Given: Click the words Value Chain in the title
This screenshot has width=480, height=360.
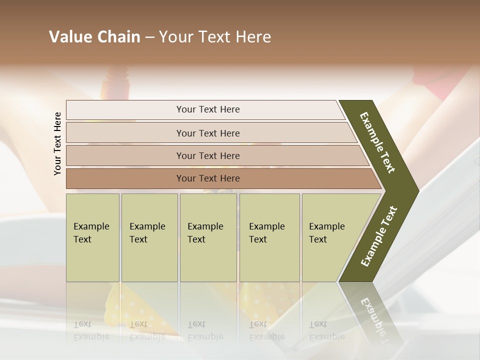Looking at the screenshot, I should point(94,37).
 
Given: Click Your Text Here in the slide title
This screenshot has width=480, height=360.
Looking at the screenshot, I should point(215,37).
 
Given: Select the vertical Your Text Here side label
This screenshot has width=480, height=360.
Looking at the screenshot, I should point(57,143).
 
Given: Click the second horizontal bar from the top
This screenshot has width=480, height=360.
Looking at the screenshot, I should point(208,133).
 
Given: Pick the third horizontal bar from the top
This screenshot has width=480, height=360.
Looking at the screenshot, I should point(208,155).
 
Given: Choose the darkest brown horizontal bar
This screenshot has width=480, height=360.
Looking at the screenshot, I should point(208,178).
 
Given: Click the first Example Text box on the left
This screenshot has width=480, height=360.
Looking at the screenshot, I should point(92,237).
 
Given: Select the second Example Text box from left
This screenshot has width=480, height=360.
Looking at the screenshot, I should point(149,237).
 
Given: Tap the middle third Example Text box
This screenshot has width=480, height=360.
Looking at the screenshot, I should point(208,237).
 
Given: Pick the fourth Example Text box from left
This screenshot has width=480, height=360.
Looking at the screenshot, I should point(269,237).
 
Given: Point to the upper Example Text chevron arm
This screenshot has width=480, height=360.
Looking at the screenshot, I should point(377,142).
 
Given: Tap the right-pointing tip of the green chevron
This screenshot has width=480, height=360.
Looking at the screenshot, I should point(413,190).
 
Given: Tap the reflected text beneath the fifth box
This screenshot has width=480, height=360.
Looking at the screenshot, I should point(326,330).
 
